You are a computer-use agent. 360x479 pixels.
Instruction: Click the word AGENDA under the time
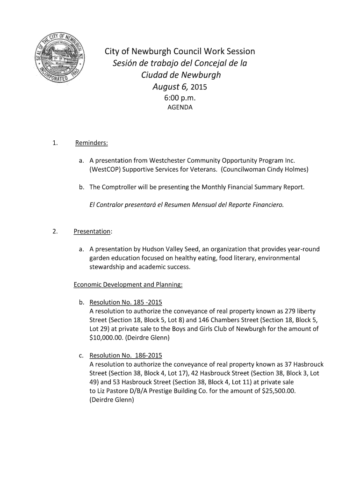click(180, 108)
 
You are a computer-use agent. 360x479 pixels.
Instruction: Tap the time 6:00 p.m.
click(180, 98)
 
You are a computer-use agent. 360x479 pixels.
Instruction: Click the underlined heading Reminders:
click(92, 143)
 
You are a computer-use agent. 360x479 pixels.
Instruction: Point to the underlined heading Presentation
click(92, 232)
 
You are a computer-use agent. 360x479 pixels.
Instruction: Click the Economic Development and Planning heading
click(128, 284)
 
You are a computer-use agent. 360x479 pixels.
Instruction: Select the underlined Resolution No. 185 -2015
click(125, 302)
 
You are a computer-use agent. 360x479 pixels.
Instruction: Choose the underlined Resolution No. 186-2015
click(125, 356)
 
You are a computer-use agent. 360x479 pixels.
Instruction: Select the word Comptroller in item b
click(121, 187)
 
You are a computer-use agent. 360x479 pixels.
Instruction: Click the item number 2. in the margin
click(56, 232)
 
